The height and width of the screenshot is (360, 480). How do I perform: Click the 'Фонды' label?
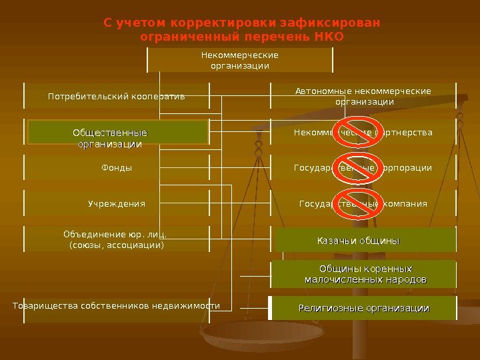coord(117,168)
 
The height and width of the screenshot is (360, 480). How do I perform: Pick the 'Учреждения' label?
coord(117,203)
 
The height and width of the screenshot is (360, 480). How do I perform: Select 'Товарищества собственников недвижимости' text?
coord(117,305)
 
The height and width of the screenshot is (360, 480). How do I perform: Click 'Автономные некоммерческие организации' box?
coord(363,97)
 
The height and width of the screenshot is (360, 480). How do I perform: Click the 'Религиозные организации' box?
coord(363,308)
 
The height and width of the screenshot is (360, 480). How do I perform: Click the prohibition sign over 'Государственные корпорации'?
coord(362,167)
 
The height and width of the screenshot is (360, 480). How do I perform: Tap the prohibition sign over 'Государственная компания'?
coord(362,203)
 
